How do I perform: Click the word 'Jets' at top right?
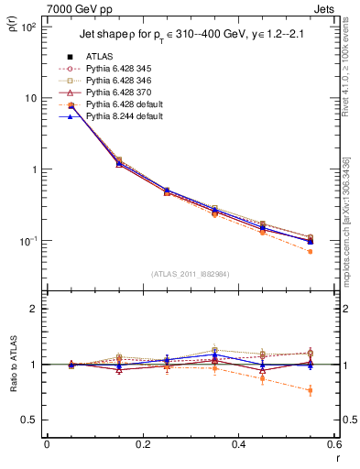pos(326,8)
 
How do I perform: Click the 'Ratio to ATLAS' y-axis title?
pos(12,363)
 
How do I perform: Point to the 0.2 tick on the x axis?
pos(143,445)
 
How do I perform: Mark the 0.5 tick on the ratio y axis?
pos(34,420)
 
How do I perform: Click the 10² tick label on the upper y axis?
pos(28,27)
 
